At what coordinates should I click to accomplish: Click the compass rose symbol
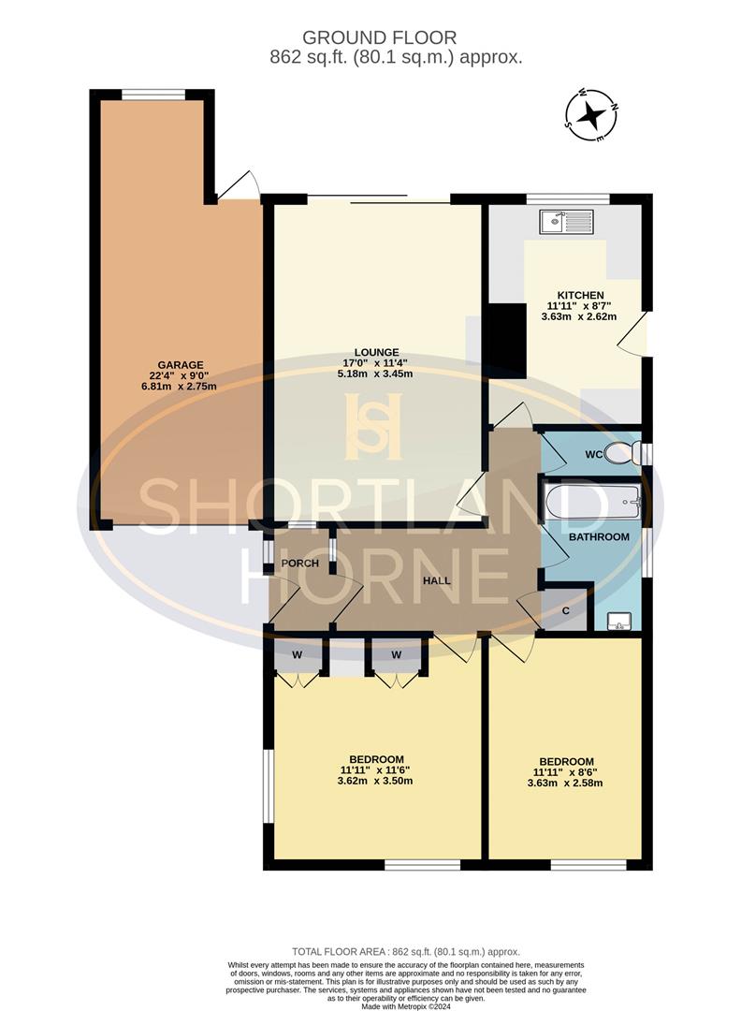point(591,116)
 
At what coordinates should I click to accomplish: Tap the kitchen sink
point(566,222)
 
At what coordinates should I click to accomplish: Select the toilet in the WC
point(620,454)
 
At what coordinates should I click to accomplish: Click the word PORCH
point(299,564)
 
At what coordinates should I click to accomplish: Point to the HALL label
point(436,580)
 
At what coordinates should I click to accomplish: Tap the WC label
point(593,454)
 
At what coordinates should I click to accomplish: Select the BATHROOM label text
point(599,537)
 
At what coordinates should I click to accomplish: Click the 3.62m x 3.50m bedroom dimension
point(376,784)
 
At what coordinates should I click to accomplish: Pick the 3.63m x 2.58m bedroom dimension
point(566,784)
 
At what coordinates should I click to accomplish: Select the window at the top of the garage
point(153,94)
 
